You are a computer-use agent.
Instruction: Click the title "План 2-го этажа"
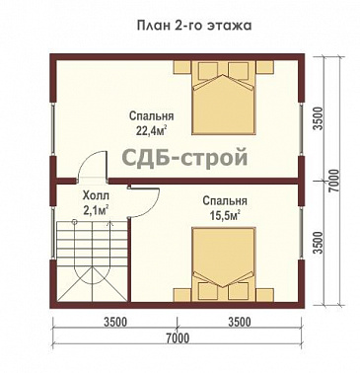180,22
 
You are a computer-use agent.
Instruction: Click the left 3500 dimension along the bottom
116,322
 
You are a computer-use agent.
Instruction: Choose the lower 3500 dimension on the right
319,241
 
